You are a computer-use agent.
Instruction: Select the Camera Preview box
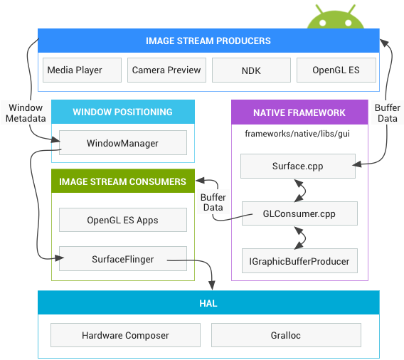tap(167, 70)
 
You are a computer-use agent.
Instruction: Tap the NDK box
tap(252, 70)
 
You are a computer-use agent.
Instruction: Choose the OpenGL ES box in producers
tap(336, 70)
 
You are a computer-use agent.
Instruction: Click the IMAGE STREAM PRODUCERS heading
tap(208, 41)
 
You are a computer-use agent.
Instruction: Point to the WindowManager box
tap(122, 143)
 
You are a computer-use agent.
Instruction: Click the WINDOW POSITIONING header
tap(122, 112)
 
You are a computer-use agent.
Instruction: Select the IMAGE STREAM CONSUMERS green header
tap(122, 181)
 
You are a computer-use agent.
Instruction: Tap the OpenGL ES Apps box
tap(122, 220)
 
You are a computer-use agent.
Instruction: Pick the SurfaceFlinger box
tap(122, 259)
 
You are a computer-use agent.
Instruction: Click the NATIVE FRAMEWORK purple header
tap(299, 112)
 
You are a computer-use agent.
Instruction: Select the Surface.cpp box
tap(297, 166)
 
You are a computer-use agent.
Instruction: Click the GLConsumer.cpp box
tap(299, 213)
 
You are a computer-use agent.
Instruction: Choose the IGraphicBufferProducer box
tap(299, 261)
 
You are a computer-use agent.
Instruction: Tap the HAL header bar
tap(208, 303)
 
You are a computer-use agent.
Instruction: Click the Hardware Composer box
tap(125, 335)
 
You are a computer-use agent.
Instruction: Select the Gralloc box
tap(287, 335)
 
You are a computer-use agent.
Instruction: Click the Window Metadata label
tap(26, 112)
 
